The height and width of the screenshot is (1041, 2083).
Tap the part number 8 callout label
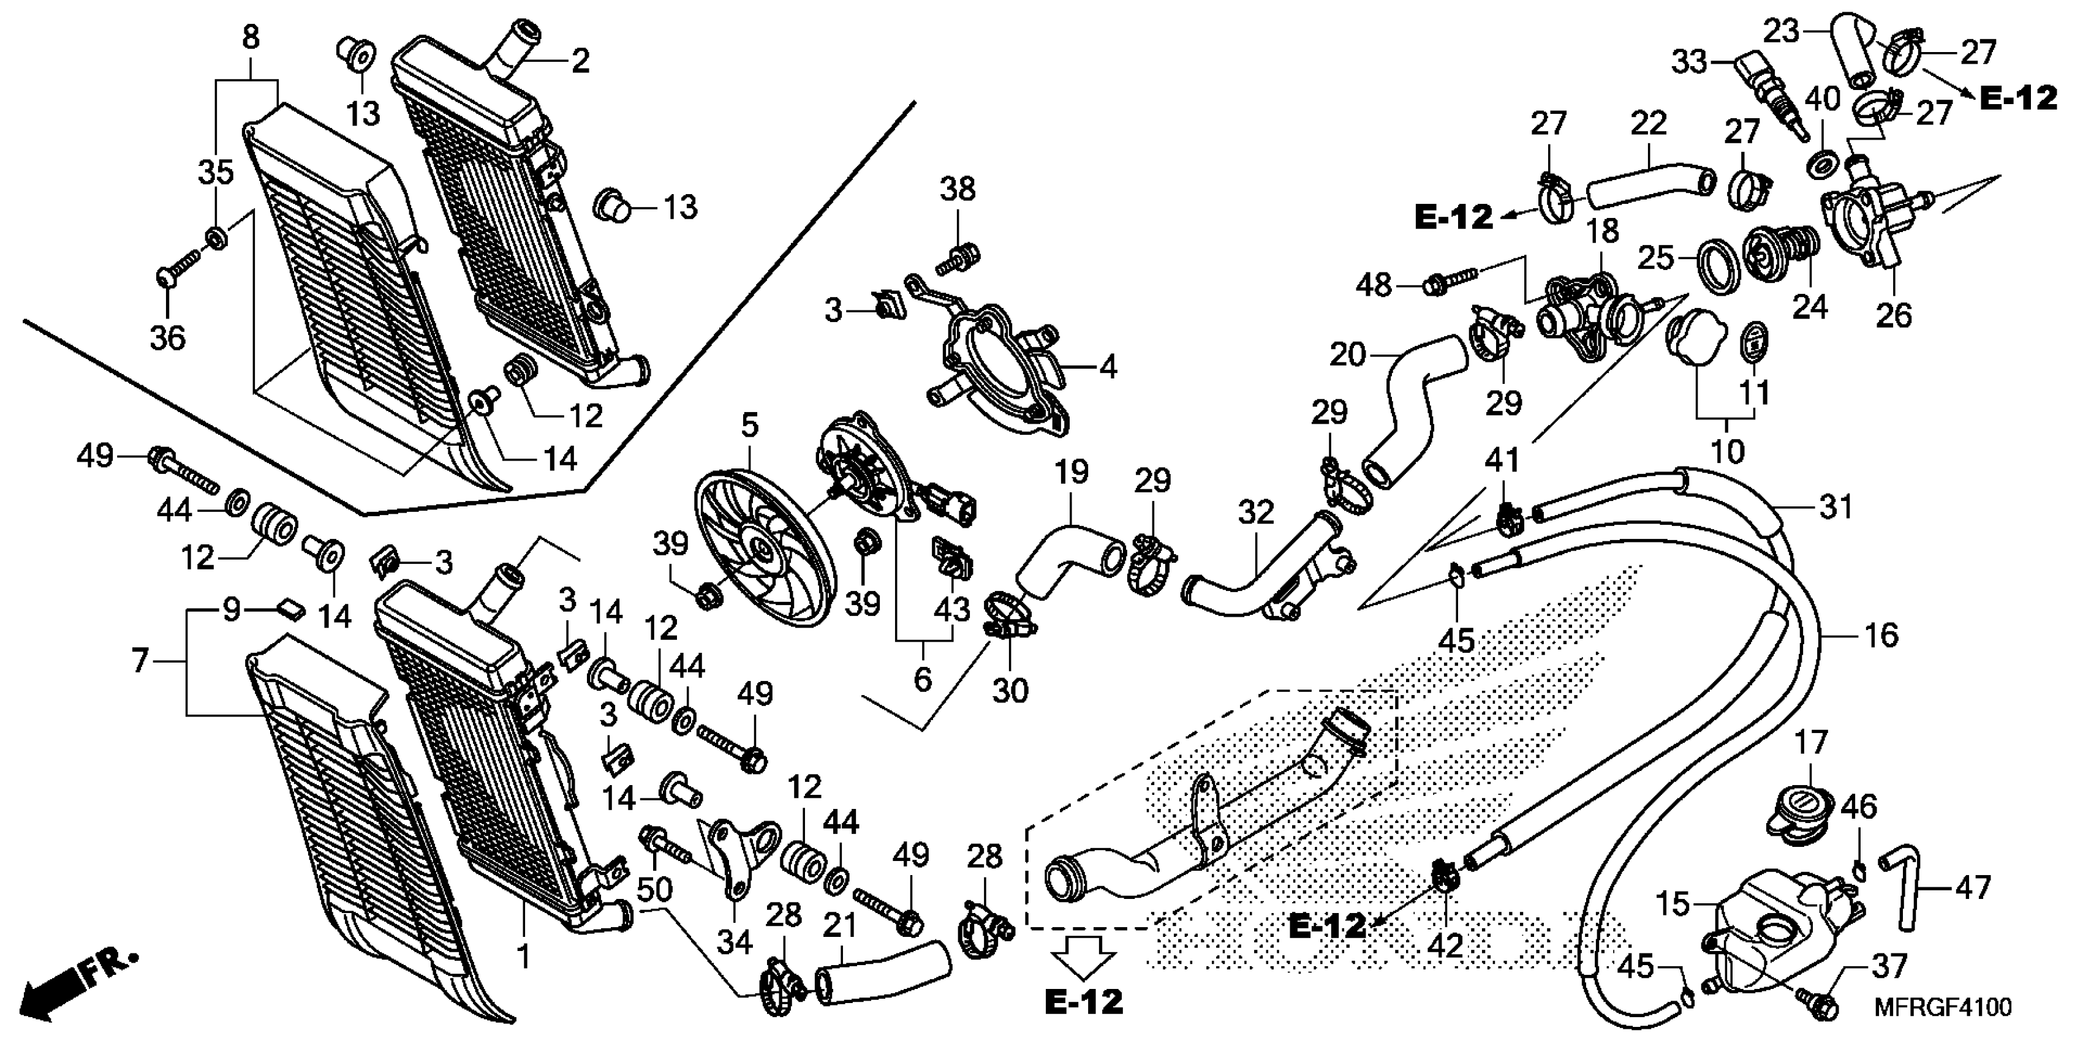[251, 37]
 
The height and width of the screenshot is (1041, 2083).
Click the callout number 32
[1256, 513]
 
